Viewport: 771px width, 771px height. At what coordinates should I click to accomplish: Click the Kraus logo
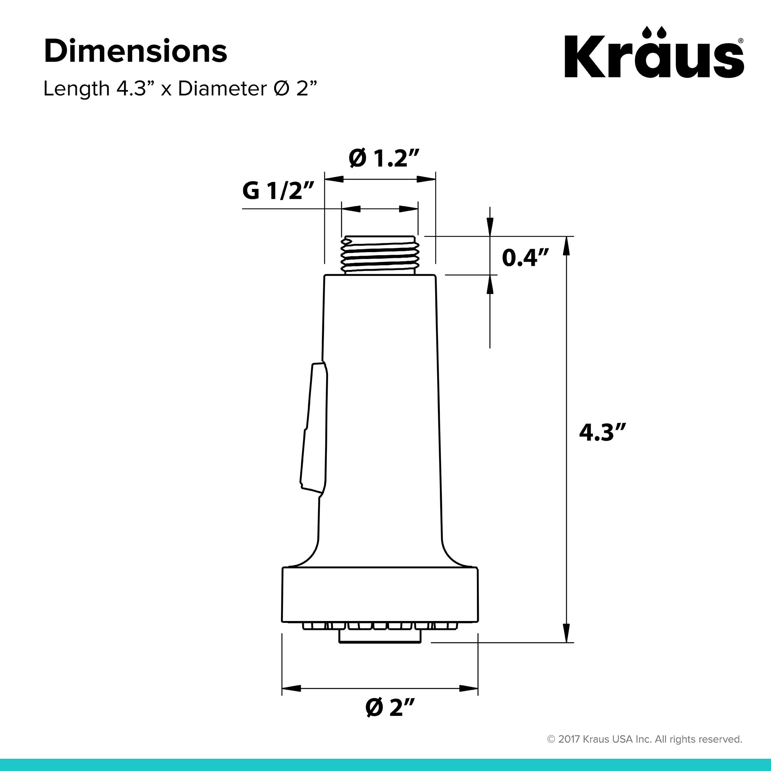pyautogui.click(x=654, y=57)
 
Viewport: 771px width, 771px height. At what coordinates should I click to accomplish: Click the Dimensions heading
pyautogui.click(x=135, y=52)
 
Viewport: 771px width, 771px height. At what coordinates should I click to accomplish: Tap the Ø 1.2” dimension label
pyautogui.click(x=384, y=159)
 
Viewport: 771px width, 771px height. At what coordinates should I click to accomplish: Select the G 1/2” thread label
pyautogui.click(x=278, y=190)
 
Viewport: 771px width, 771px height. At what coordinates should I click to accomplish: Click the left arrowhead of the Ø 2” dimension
pyautogui.click(x=291, y=689)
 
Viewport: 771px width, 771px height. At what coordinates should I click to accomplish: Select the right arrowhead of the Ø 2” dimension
pyautogui.click(x=468, y=689)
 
